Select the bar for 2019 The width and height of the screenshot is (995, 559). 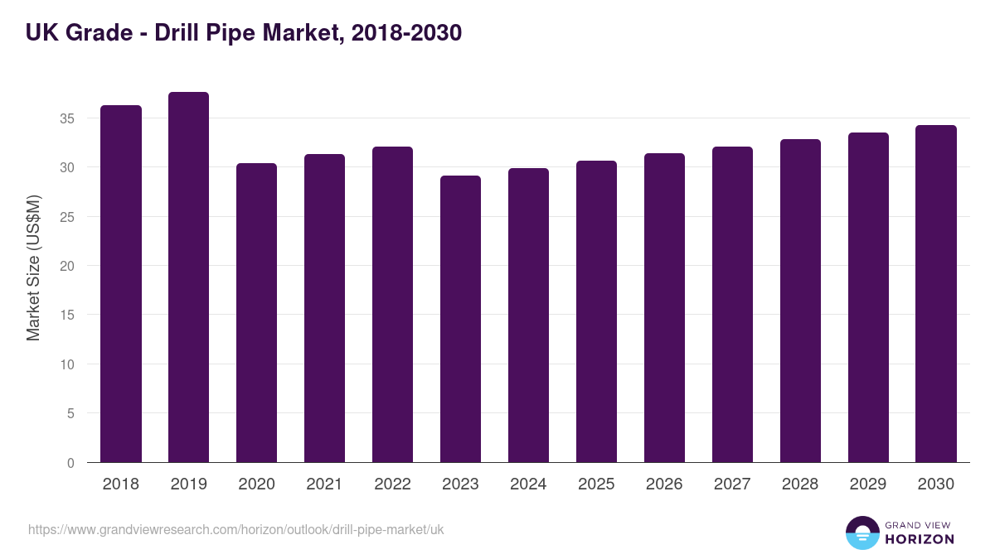(188, 277)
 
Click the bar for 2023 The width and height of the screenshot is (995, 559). (460, 319)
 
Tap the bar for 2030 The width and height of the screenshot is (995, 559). (936, 294)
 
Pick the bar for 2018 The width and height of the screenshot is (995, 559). (121, 284)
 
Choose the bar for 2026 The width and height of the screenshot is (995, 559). (664, 308)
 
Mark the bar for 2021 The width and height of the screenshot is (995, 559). (324, 308)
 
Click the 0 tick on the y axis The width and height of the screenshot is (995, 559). (70, 463)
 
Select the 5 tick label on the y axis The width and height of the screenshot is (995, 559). (70, 413)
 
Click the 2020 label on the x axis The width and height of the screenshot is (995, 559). (256, 484)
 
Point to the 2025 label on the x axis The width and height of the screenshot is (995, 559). (596, 484)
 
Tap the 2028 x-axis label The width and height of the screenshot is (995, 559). (800, 484)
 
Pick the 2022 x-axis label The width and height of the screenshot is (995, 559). (392, 484)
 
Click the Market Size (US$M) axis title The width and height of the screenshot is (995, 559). (33, 267)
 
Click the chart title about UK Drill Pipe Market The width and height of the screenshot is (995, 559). (244, 33)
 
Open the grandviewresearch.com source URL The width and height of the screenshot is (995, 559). (236, 529)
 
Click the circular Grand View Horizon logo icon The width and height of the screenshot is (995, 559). (862, 532)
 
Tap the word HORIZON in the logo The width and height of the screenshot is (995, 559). (920, 539)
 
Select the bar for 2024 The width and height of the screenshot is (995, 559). (528, 316)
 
